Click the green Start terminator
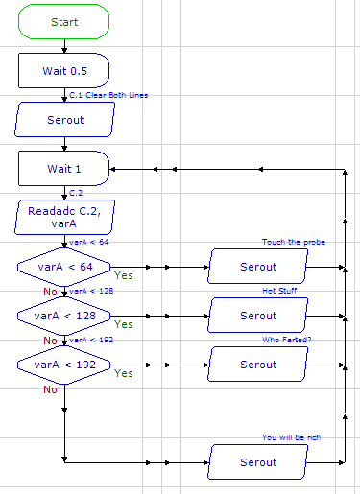coord(63,22)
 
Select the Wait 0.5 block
coord(63,71)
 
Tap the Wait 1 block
coord(63,169)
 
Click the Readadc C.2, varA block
coord(63,217)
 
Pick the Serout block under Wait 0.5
coord(63,120)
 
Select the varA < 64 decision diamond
coord(63,267)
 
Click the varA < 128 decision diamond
coord(63,316)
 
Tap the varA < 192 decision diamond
coord(63,365)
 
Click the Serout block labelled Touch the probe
coord(258,267)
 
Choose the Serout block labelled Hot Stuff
coord(258,316)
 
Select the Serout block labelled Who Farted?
coord(258,365)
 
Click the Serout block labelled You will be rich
coord(258,461)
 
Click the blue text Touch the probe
coord(293,242)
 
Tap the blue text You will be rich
coord(293,437)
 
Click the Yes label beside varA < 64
coord(124,275)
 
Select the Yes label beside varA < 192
coord(124,373)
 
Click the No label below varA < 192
coord(49,389)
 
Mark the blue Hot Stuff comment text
coord(280,291)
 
